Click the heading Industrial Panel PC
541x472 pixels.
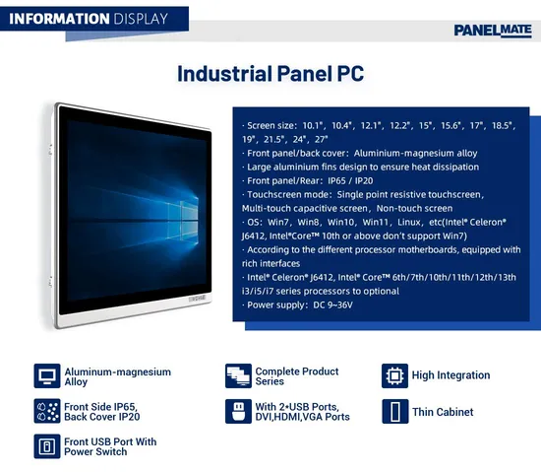(270, 74)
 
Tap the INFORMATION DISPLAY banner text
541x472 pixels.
(90, 18)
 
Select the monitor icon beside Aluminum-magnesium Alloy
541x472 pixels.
(45, 376)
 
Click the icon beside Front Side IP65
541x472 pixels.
(45, 411)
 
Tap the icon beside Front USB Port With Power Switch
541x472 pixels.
(45, 446)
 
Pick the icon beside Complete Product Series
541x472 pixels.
(237, 376)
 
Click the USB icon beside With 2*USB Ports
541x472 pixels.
(237, 411)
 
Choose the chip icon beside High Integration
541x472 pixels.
(393, 375)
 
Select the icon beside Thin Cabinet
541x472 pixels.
(393, 412)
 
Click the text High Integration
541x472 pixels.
(451, 375)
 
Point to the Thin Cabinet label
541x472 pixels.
(443, 412)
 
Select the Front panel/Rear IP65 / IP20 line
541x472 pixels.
(313, 180)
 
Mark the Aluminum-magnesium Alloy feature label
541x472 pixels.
(117, 376)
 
